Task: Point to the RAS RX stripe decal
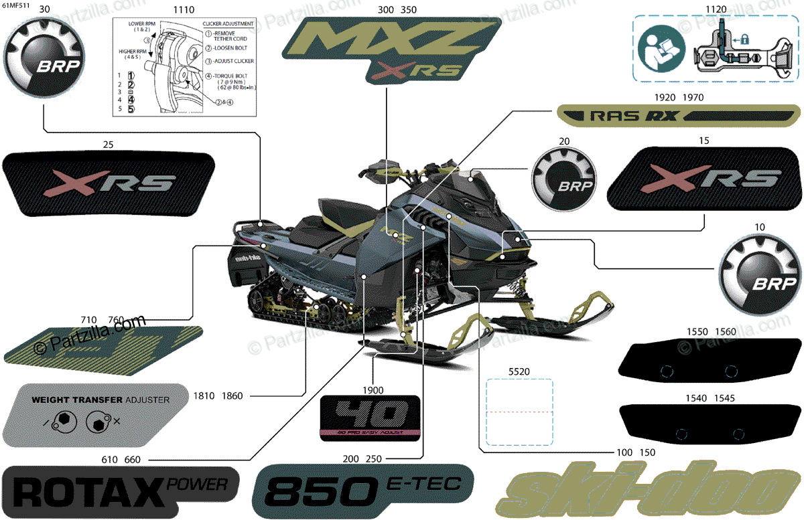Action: (671, 116)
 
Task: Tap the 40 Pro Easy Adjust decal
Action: (370, 418)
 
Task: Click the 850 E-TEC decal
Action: (362, 492)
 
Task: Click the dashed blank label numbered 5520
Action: (519, 412)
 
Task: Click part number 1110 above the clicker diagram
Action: (184, 10)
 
